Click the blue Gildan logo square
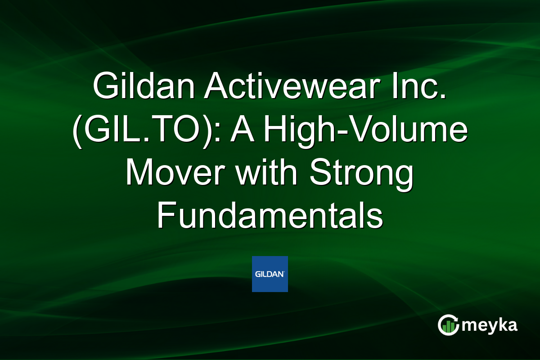click(x=270, y=274)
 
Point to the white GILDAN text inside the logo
click(x=270, y=274)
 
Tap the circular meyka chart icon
click(x=448, y=325)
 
